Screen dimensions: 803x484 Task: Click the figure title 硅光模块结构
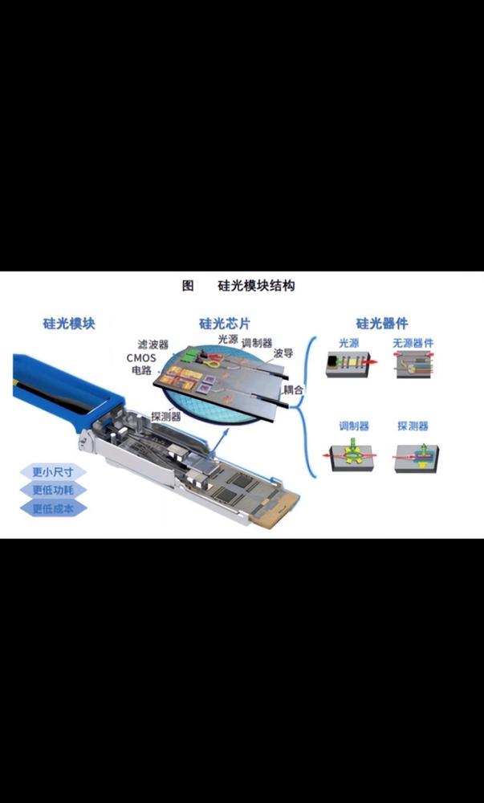coord(256,285)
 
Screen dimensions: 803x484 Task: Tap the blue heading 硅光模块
coord(69,324)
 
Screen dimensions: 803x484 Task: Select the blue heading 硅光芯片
coord(225,324)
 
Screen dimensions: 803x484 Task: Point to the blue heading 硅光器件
coord(382,324)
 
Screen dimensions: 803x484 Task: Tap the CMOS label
coord(140,357)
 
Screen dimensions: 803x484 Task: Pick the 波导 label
coord(283,353)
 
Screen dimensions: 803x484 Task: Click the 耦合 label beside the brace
coord(294,389)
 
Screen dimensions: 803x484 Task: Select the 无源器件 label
coord(413,344)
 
